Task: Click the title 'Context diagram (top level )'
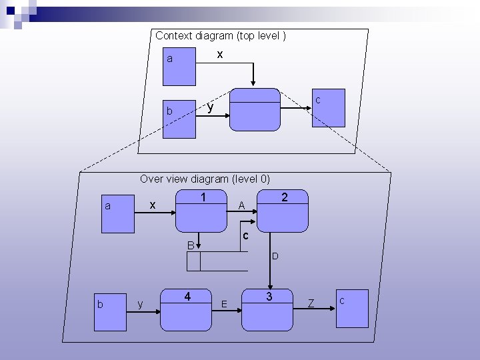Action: click(x=221, y=35)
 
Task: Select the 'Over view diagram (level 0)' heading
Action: click(x=205, y=179)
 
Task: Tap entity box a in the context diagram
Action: click(x=179, y=65)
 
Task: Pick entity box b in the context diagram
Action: click(x=179, y=117)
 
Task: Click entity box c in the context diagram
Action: click(x=329, y=107)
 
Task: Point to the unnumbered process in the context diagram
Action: click(x=255, y=109)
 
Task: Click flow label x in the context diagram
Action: click(x=219, y=55)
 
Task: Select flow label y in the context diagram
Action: click(x=210, y=107)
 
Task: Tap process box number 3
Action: click(x=268, y=310)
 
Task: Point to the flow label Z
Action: click(x=311, y=304)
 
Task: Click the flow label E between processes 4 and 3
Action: click(x=224, y=304)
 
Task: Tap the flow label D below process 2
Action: click(x=275, y=256)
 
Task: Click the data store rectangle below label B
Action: click(x=223, y=262)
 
